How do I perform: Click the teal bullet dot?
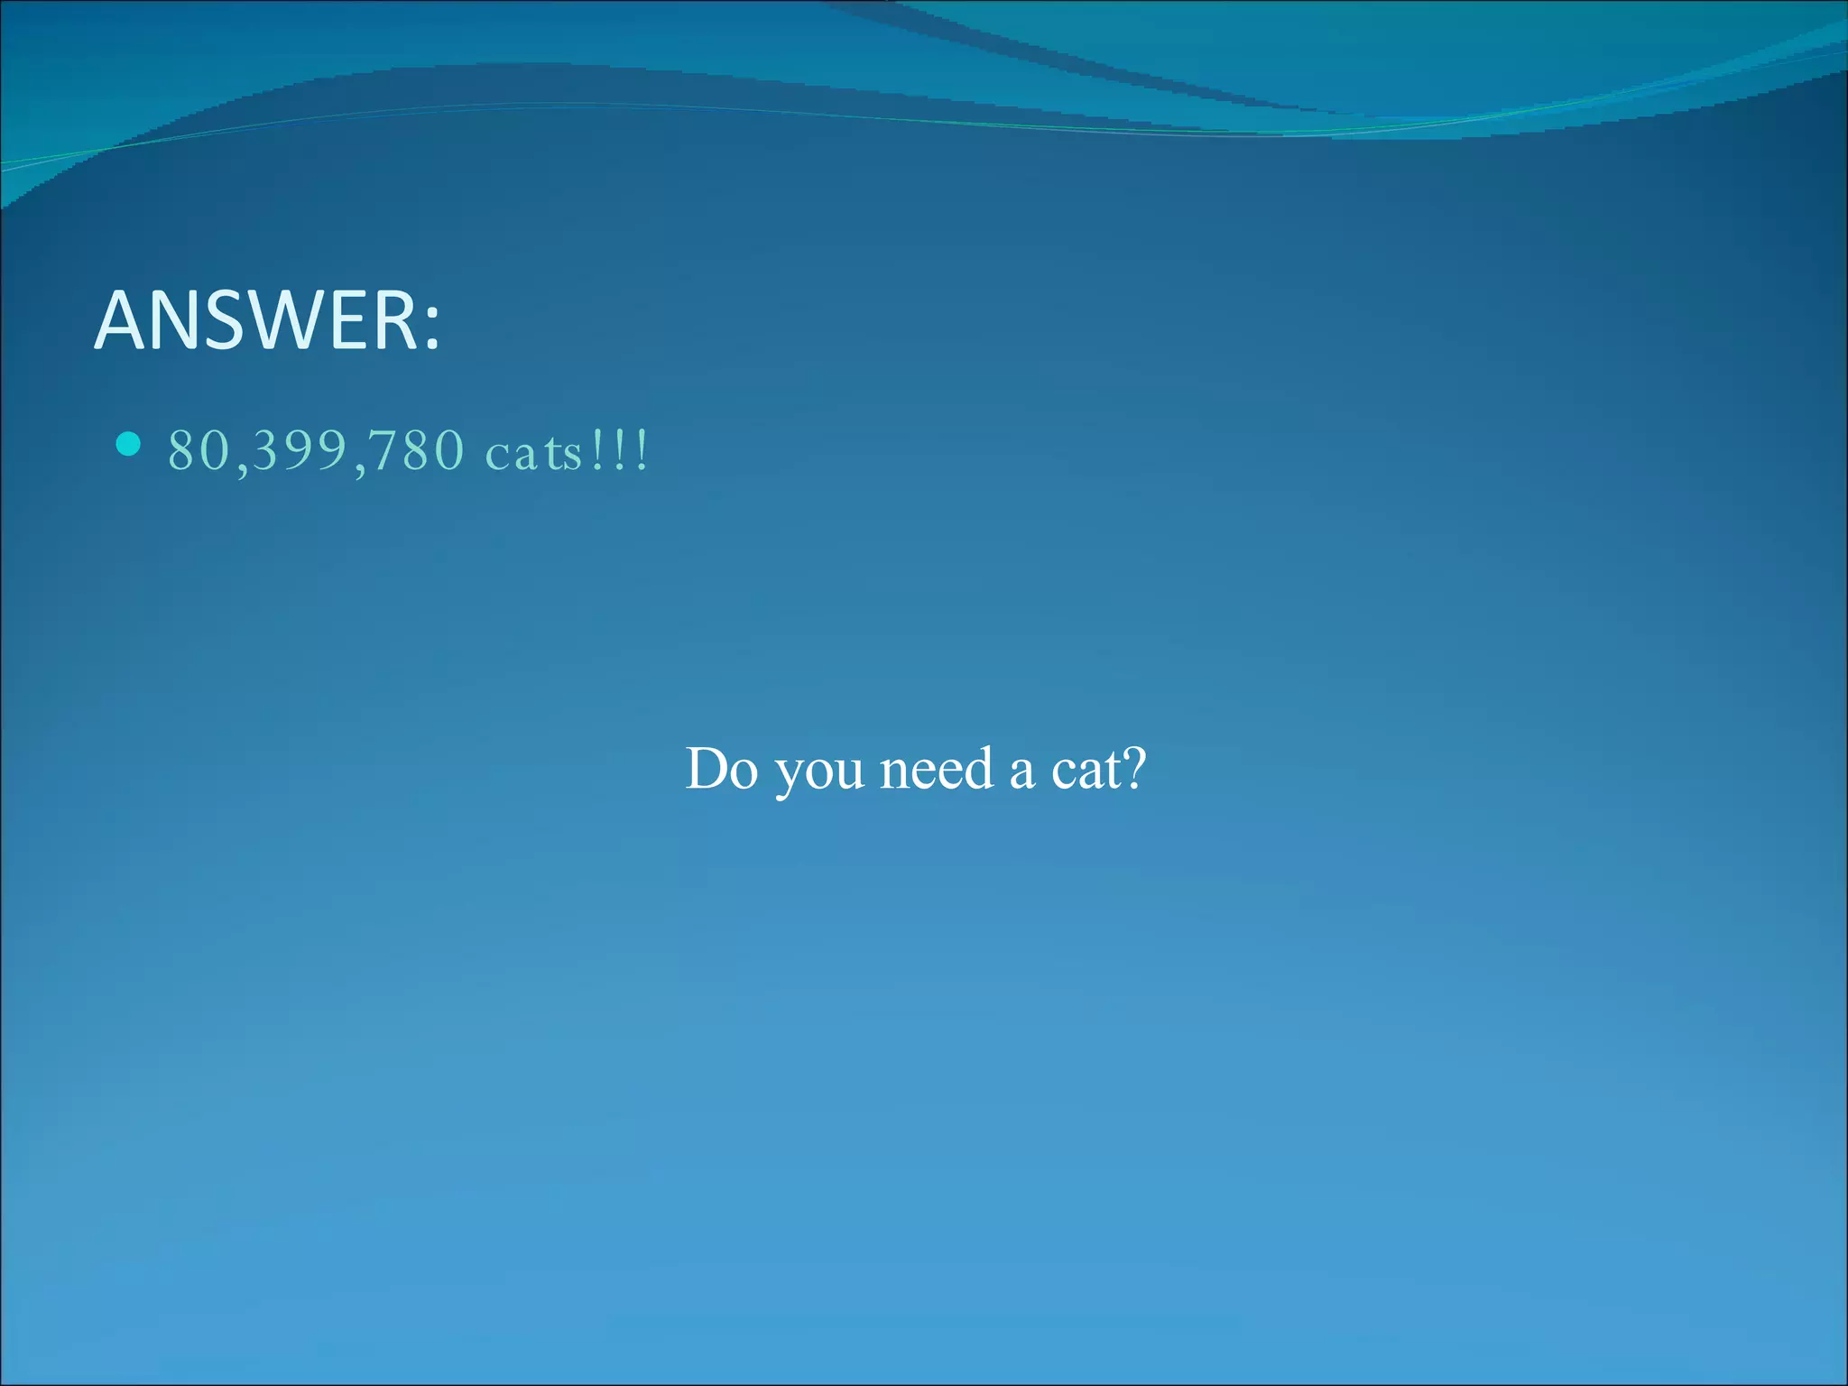[129, 444]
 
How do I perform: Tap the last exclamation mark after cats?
[642, 450]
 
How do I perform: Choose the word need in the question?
[936, 769]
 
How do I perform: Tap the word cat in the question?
[1085, 771]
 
